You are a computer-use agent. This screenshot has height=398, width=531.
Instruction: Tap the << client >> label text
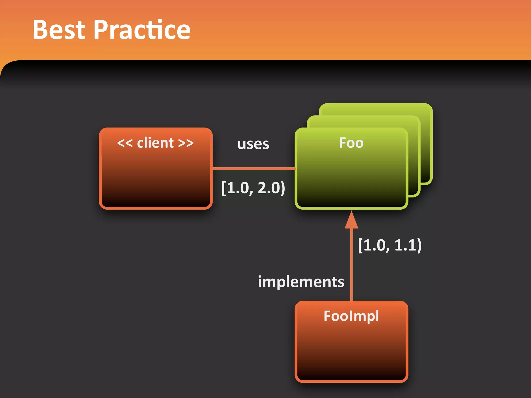coord(155,143)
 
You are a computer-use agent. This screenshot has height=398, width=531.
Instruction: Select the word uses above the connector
coord(253,144)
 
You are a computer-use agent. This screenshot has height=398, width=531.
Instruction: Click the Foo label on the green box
coord(351,143)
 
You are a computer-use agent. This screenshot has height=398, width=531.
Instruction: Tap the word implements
coord(301,282)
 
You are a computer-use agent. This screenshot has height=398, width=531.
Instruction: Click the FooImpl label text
coord(351,316)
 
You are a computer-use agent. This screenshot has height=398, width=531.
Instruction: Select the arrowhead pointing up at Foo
coord(351,221)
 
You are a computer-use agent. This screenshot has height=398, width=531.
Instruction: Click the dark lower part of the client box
coord(156,192)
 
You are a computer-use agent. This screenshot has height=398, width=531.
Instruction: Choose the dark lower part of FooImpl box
coord(351,363)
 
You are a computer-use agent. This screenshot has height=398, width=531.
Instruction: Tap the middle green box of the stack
coord(414,155)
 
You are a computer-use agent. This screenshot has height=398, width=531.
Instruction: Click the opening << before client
coord(125,143)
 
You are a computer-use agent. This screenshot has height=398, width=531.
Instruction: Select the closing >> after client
coord(186,143)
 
